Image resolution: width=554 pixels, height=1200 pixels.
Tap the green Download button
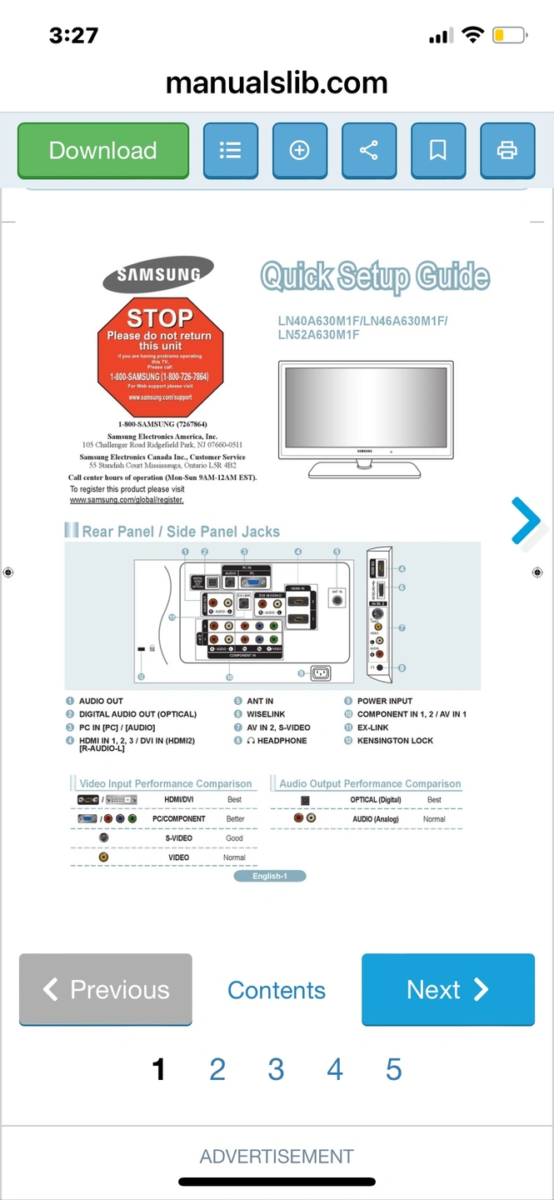point(103,150)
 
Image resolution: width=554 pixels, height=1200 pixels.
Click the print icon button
point(507,150)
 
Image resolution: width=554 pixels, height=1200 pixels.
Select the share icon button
point(369,150)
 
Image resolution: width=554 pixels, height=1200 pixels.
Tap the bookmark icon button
point(438,150)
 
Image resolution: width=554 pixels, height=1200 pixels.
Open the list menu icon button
point(231,150)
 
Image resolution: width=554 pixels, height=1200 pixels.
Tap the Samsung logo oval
point(158,274)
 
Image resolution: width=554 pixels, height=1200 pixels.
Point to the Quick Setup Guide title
point(375,277)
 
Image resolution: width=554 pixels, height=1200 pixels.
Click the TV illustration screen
point(365,405)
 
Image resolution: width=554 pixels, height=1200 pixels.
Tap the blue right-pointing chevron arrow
point(527,521)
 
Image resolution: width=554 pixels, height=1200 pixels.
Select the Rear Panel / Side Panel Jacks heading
point(181,532)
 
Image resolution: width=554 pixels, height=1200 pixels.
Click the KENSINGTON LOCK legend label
point(395,741)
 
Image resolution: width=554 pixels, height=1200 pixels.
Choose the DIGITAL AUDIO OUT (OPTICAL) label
point(137,714)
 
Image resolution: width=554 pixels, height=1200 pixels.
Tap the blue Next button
point(448,989)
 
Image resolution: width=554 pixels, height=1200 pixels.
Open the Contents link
point(277,990)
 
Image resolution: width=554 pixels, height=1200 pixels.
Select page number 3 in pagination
point(276,1069)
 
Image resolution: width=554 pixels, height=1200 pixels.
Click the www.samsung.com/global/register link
point(127,500)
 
